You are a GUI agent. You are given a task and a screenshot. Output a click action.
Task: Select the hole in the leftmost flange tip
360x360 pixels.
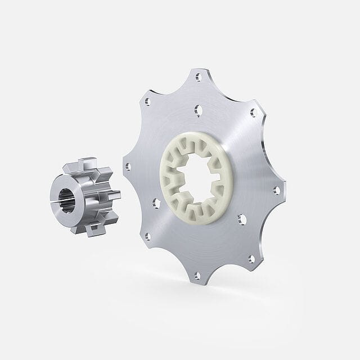coord(128,166)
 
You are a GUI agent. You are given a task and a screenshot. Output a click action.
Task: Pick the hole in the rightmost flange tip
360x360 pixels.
coord(276,190)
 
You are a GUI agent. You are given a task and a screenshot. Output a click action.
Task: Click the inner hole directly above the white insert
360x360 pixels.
coord(197,107)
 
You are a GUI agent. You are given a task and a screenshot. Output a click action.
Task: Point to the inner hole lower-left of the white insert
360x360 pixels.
coord(148,235)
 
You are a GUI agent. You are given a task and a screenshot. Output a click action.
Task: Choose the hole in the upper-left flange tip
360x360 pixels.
coord(147,102)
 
